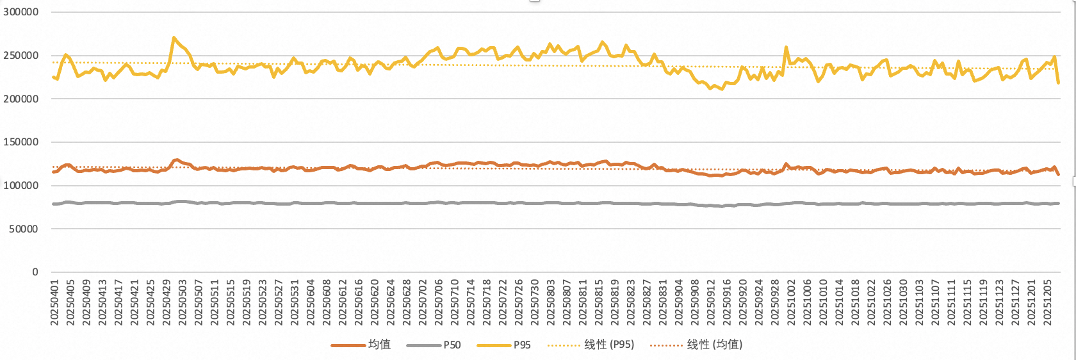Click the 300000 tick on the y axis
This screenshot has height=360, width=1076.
[20, 12]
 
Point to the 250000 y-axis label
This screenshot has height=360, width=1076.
[20, 56]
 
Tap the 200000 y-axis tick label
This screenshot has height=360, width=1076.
[20, 99]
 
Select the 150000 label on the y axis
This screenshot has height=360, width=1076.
[20, 142]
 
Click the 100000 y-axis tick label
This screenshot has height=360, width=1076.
[20, 186]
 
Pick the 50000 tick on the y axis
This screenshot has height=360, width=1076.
[23, 229]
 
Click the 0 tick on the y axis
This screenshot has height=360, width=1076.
[35, 272]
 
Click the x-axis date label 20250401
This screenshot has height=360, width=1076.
[54, 302]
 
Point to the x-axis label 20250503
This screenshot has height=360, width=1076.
[183, 302]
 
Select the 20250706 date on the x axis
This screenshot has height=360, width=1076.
[439, 302]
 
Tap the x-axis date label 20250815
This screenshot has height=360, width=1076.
[599, 302]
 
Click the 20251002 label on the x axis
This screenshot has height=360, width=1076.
[791, 302]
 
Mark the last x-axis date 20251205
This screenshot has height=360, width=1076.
[1048, 302]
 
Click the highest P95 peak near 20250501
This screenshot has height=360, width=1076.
[174, 38]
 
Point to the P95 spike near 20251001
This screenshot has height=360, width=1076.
[786, 47]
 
